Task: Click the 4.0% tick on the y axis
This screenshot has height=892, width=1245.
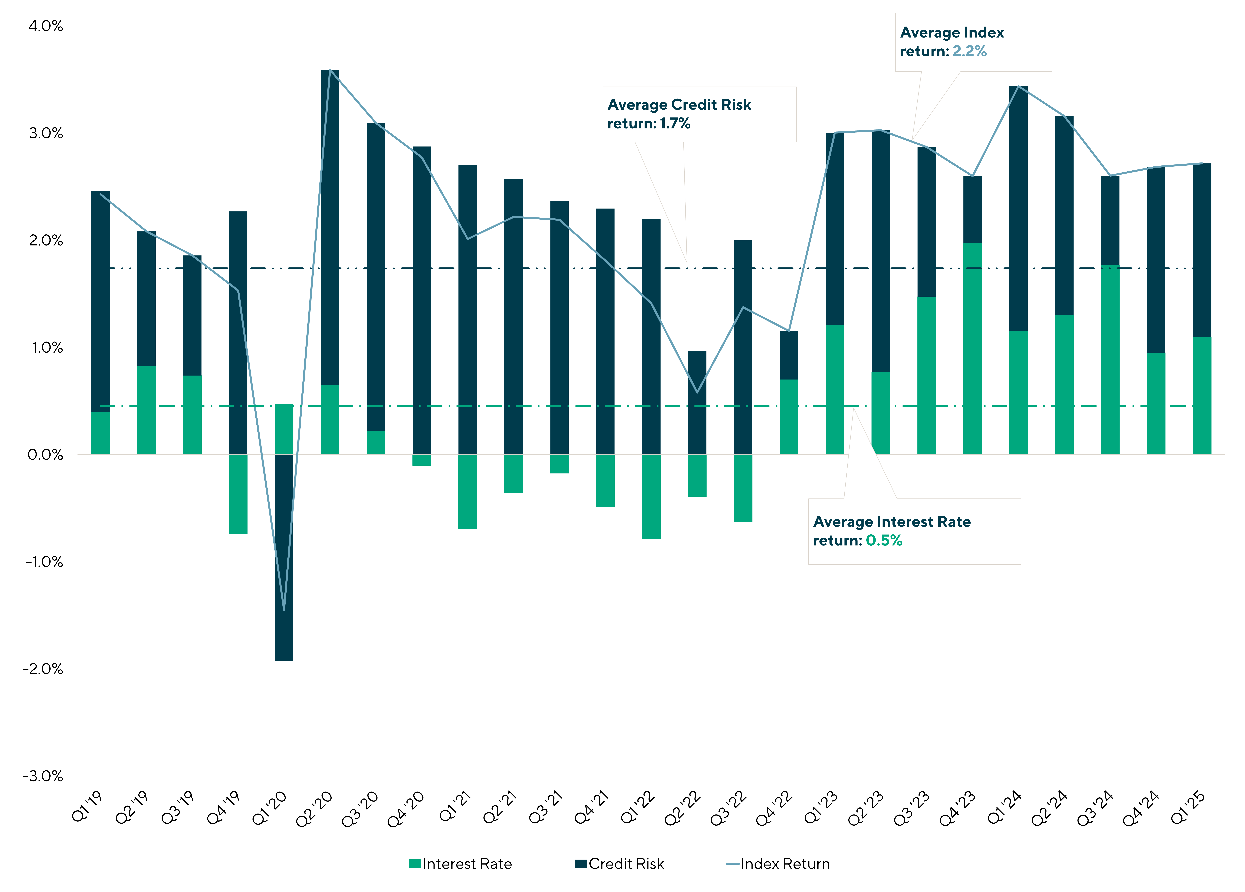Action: point(46,26)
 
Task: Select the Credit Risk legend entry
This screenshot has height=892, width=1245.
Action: point(619,864)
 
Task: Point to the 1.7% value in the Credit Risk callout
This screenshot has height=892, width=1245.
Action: point(675,124)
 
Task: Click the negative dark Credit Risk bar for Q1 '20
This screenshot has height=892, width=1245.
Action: point(284,558)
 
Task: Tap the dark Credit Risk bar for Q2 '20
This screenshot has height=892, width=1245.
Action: point(330,227)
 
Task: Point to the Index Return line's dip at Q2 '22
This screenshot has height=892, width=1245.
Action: point(697,392)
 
